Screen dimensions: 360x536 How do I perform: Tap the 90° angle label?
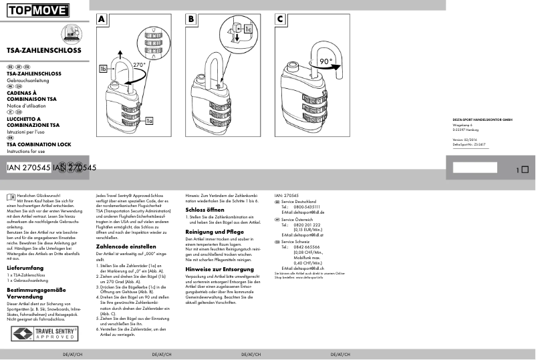pos(325,61)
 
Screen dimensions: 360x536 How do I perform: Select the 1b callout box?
pos(103,69)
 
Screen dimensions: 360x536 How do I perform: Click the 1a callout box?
pos(149,121)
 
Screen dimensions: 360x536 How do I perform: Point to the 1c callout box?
pos(247,29)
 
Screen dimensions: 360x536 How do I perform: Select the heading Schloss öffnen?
pos(204,209)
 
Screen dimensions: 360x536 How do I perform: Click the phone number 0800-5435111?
pos(307,207)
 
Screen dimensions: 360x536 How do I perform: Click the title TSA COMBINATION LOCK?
pos(39,144)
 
